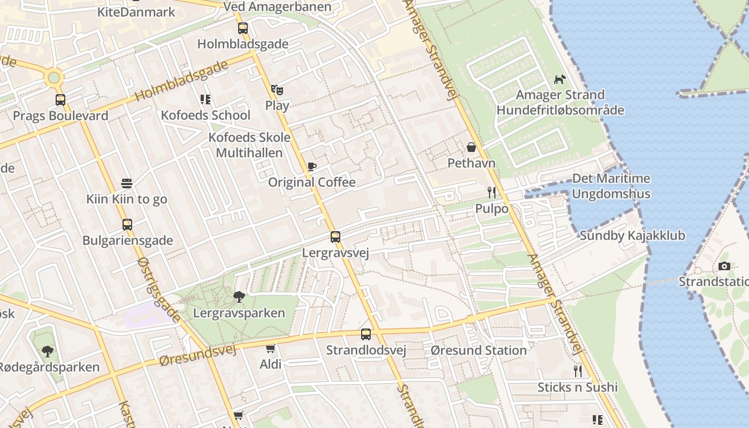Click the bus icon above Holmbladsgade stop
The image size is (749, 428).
click(x=242, y=28)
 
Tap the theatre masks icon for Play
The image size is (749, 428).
click(x=277, y=89)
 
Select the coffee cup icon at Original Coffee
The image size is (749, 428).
click(x=311, y=166)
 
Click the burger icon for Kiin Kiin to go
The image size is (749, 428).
click(x=127, y=184)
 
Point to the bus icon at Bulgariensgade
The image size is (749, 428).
click(x=127, y=225)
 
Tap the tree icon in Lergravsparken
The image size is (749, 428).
click(x=239, y=296)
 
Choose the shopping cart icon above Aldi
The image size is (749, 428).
click(x=271, y=348)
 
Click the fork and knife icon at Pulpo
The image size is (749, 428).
click(x=492, y=193)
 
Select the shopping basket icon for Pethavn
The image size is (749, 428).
click(x=471, y=147)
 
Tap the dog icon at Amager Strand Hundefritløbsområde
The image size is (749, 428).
click(x=560, y=79)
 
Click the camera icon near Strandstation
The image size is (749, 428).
click(x=724, y=266)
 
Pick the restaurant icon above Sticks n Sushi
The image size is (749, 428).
click(x=577, y=371)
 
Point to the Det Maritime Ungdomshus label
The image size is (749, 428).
click(x=611, y=186)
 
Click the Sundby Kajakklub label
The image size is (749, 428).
click(x=632, y=235)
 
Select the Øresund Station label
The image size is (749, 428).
click(x=479, y=350)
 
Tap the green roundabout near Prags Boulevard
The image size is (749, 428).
click(x=53, y=78)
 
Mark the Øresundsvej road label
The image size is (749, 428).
click(x=198, y=355)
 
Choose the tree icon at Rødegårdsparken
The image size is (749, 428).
click(x=48, y=351)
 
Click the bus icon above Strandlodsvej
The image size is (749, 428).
click(x=366, y=334)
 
